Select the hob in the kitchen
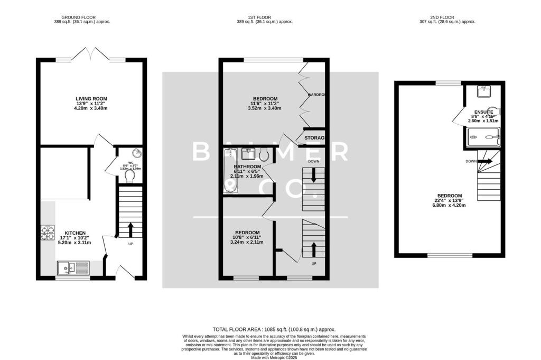pos(48,233)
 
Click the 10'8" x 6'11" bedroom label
pos(247,233)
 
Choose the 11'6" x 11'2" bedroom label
pos(265,98)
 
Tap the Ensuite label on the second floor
pos(483,113)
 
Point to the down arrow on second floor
pos(485,161)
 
